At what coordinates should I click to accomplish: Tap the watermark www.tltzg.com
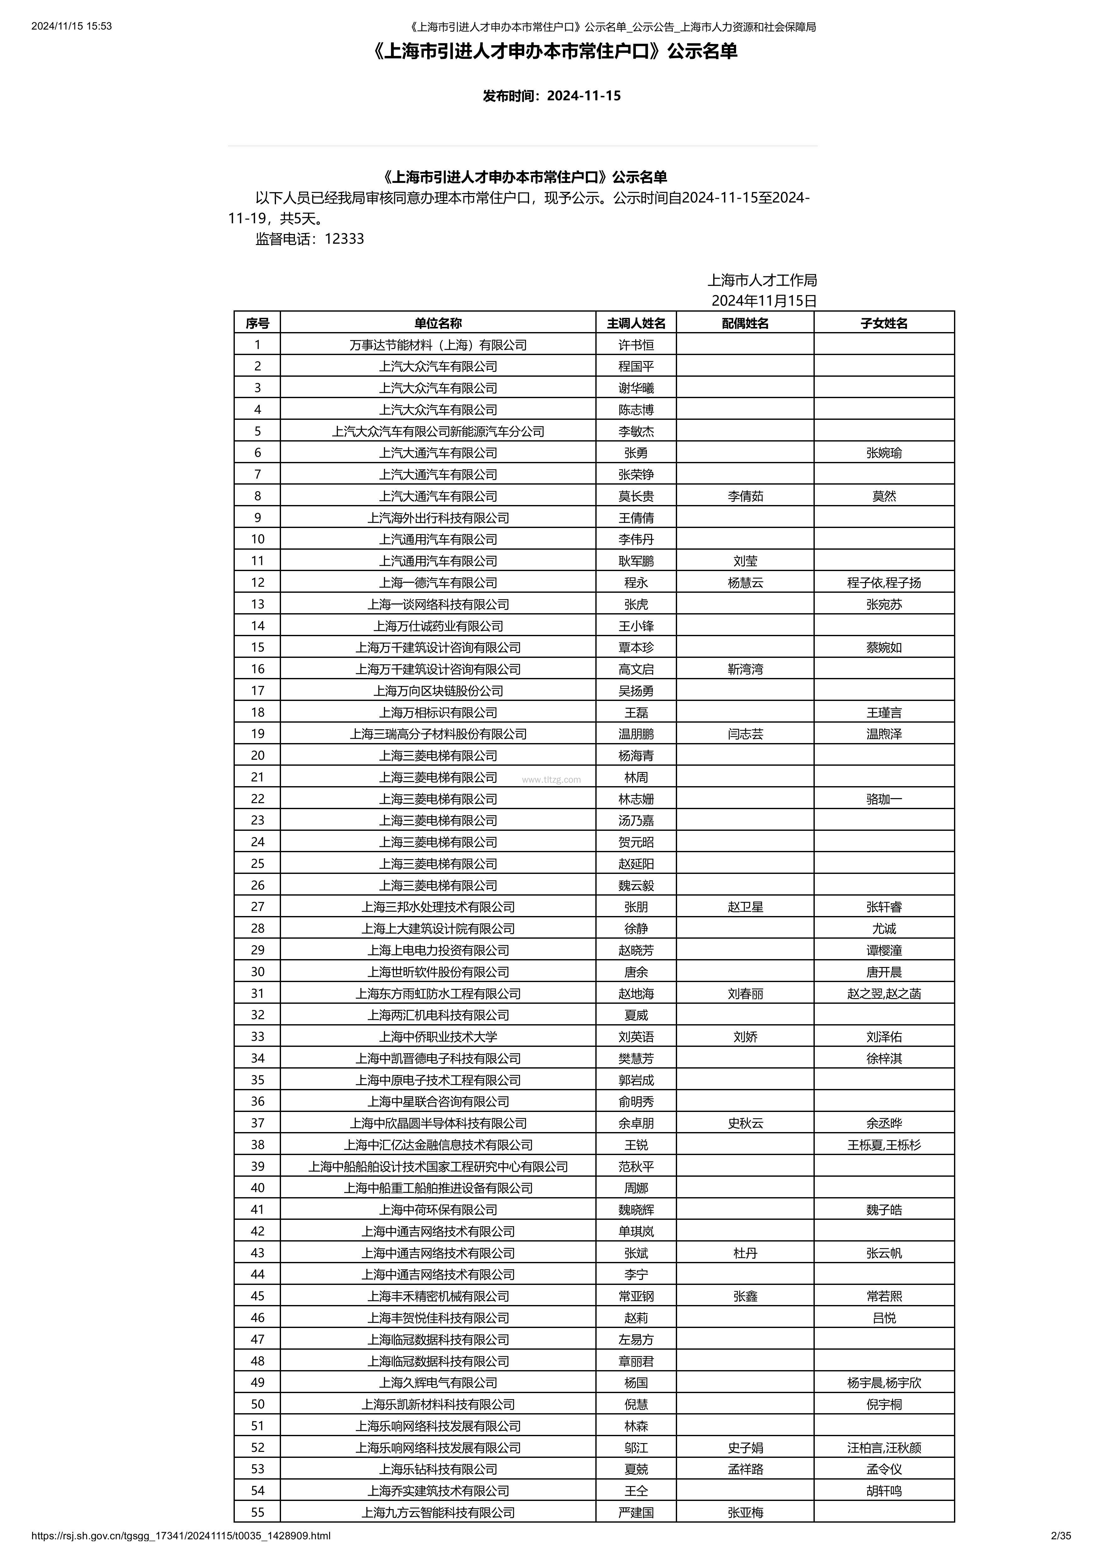(551, 780)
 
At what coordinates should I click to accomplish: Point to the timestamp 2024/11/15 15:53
(71, 26)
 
